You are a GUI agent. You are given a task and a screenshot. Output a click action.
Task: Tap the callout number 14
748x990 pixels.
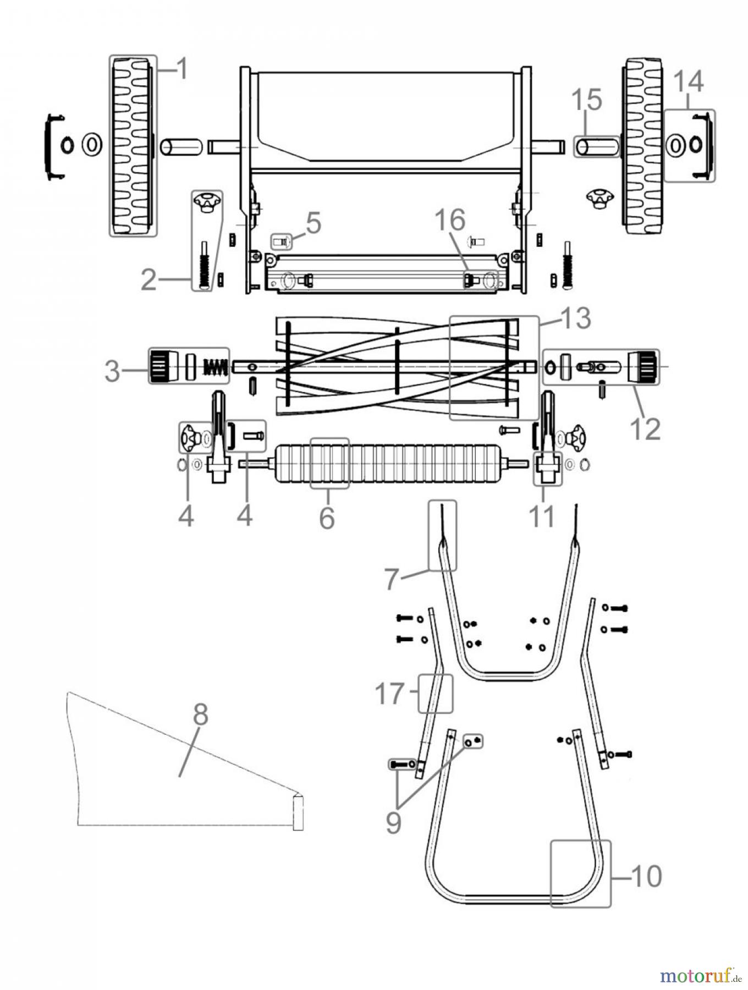688,81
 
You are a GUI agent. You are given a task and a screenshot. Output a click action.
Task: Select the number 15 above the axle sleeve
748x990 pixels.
586,101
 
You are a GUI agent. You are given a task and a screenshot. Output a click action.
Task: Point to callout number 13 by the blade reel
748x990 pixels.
575,318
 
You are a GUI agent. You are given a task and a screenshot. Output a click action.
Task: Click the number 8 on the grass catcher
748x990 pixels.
200,716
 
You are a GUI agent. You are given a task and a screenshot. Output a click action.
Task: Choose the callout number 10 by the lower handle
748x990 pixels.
646,876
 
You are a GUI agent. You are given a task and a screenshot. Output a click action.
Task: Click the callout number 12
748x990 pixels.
645,428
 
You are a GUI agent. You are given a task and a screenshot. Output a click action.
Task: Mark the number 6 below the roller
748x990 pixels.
327,518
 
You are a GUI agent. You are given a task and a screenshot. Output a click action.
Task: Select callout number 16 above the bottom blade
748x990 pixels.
450,219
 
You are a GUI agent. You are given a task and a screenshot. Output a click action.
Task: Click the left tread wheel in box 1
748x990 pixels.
133,146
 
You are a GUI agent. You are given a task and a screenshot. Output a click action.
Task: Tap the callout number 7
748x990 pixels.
390,579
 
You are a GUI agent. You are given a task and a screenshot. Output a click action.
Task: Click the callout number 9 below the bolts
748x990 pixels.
393,823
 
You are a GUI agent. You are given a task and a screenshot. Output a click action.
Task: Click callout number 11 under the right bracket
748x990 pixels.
541,517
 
